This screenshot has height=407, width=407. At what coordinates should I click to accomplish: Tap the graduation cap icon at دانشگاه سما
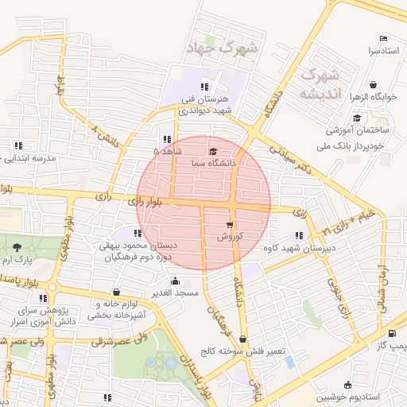click(x=212, y=151)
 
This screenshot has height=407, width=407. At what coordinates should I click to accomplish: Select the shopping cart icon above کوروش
click(x=230, y=225)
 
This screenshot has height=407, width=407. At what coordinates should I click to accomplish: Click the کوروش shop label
click(x=229, y=237)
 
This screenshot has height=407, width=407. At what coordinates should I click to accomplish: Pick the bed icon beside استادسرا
click(x=383, y=38)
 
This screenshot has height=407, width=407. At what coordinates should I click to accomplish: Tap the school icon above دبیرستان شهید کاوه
click(x=298, y=236)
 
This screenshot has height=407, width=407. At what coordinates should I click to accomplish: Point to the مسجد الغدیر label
click(x=175, y=293)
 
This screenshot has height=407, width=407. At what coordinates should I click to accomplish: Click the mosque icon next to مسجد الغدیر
click(x=175, y=281)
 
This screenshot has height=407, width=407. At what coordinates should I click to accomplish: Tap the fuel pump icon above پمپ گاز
click(x=391, y=334)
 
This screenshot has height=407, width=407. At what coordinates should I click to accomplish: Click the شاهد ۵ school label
click(x=167, y=150)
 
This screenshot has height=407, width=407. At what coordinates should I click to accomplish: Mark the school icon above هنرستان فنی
click(x=204, y=87)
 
